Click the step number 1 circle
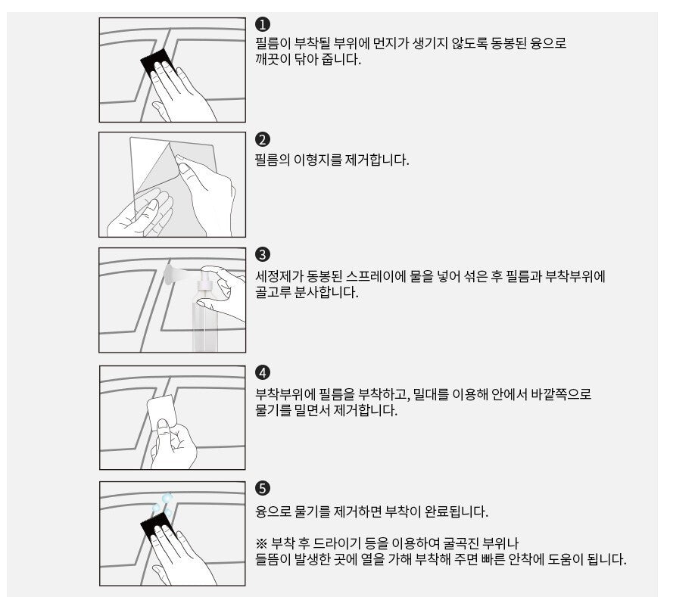263,24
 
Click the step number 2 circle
263,139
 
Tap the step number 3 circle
263,255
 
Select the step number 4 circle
263,372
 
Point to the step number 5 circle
263,489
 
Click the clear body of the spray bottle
204,322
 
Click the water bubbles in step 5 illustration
163,505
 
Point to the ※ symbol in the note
261,543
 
